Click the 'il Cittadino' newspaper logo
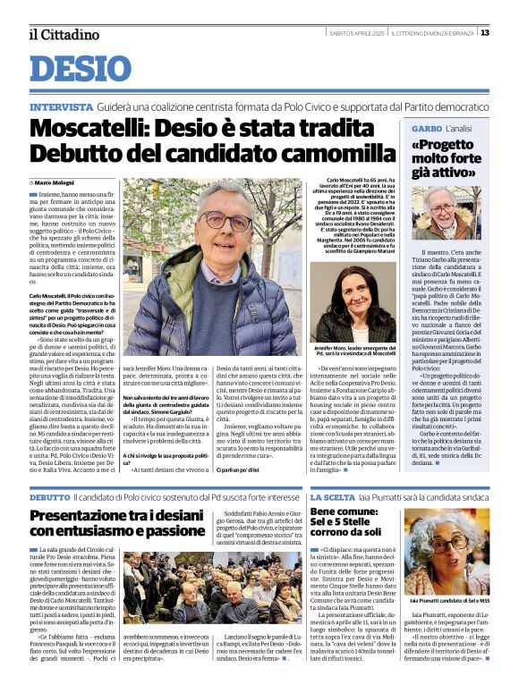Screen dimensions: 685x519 64,35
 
